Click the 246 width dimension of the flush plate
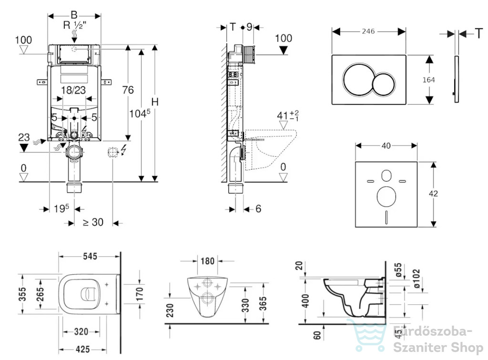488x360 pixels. pyautogui.click(x=368, y=31)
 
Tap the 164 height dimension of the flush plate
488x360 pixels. pyautogui.click(x=428, y=80)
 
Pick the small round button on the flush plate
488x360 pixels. pyautogui.click(x=384, y=84)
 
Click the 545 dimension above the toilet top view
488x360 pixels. pyautogui.click(x=90, y=256)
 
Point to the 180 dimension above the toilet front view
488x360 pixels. pyautogui.click(x=207, y=261)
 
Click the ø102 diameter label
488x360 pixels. pyautogui.click(x=416, y=279)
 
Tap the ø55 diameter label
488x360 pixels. pyautogui.click(x=398, y=270)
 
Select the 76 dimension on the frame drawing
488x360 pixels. pyautogui.click(x=128, y=90)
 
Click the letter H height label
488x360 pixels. pyautogui.click(x=155, y=101)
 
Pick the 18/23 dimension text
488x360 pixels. pyautogui.click(x=73, y=90)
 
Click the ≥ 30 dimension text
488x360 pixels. pyautogui.click(x=93, y=222)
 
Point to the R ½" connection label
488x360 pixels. pyautogui.click(x=75, y=25)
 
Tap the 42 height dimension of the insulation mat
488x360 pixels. pyautogui.click(x=433, y=194)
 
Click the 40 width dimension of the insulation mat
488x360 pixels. pyautogui.click(x=386, y=146)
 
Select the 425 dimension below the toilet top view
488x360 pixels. pyautogui.click(x=82, y=350)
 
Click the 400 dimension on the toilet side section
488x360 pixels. pyautogui.click(x=305, y=300)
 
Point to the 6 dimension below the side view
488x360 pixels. pyautogui.click(x=258, y=209)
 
